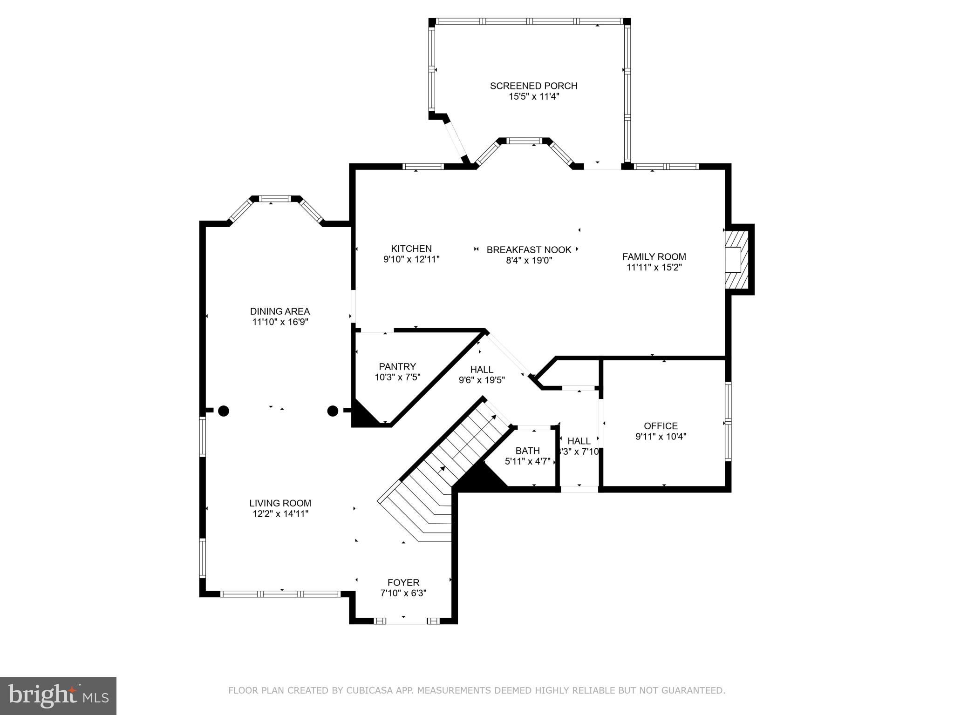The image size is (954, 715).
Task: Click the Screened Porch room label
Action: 533,86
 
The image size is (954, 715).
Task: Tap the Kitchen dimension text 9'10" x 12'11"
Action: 411,260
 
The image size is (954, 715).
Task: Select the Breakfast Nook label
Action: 529,250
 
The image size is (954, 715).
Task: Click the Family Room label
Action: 654,256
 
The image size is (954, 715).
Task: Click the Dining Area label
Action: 279,311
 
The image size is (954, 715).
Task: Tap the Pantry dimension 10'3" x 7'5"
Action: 397,378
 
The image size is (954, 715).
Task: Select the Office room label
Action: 661,426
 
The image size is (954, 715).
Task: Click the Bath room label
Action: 527,451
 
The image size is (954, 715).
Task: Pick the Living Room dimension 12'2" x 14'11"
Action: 280,514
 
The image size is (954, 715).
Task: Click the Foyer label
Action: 403,582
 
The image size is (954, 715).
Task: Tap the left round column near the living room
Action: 224,411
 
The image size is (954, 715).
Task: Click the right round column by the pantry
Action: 333,411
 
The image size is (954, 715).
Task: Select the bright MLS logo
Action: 58,695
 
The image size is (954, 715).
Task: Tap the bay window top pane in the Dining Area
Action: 275,199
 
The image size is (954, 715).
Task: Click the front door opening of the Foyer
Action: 403,621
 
